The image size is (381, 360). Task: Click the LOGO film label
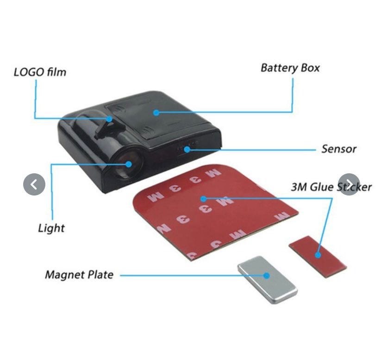40,72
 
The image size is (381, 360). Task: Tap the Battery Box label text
290,68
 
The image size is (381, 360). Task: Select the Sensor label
339,149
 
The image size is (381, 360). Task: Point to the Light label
51,228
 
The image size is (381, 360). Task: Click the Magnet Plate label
79,275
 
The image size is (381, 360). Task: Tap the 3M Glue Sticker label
331,187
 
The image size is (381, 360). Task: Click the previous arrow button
34,184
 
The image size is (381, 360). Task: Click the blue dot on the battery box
157,113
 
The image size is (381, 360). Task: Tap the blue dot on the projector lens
129,164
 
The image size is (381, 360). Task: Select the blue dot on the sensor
187,149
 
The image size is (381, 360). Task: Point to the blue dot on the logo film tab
109,119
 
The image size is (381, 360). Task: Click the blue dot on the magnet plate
267,276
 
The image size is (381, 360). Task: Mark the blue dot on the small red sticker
318,255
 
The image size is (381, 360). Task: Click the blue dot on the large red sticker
204,199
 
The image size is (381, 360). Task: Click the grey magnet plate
267,280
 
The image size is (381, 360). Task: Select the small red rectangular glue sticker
318,257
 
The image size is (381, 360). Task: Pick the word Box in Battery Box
310,68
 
